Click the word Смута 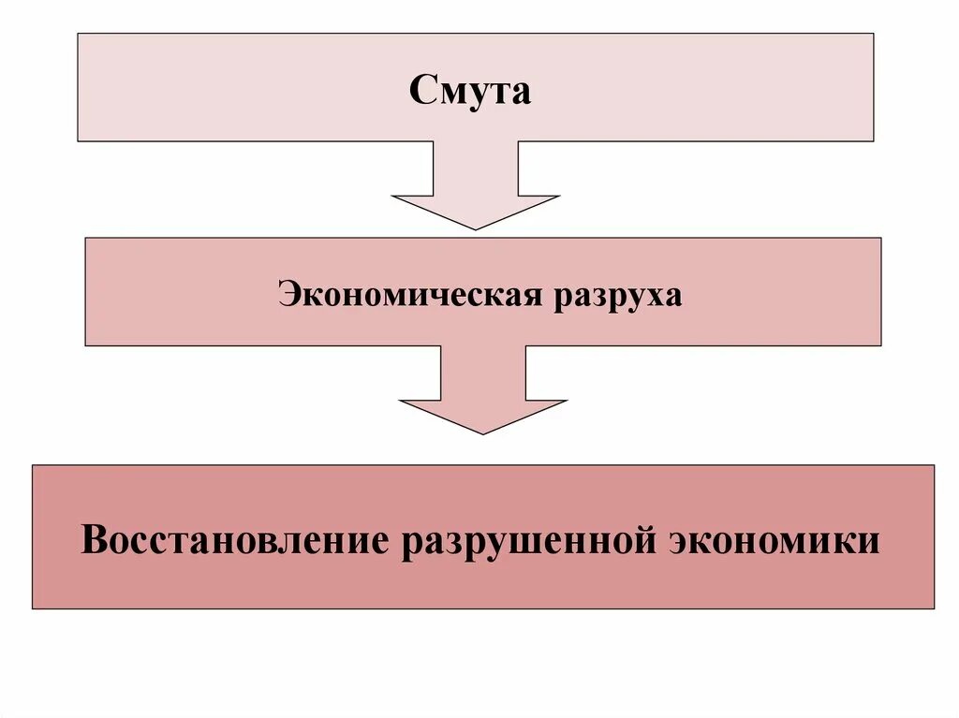(x=470, y=92)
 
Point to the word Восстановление (x=234, y=540)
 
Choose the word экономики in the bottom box (x=775, y=540)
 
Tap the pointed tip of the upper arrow (x=476, y=227)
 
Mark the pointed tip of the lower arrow (x=483, y=432)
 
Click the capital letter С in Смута (x=420, y=92)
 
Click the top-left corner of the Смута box (x=78, y=35)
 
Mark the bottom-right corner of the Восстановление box (x=934, y=608)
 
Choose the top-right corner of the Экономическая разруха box (x=880, y=238)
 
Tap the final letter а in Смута (x=521, y=94)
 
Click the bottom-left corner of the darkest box (x=33, y=608)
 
